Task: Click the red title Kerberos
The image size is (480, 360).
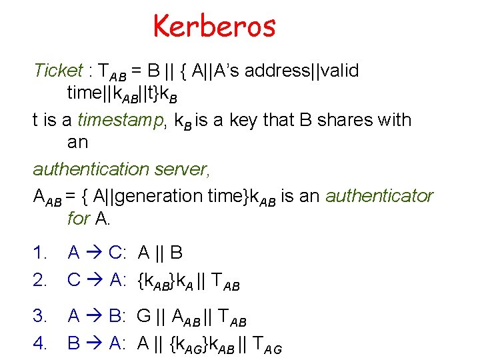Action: pyautogui.click(x=214, y=27)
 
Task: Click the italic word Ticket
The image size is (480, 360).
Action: pyautogui.click(x=58, y=70)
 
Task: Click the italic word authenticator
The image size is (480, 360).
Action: pyautogui.click(x=379, y=196)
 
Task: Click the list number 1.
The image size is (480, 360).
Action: pyautogui.click(x=41, y=253)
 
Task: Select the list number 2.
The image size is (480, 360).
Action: pyautogui.click(x=41, y=281)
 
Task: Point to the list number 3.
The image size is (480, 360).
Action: pyautogui.click(x=41, y=315)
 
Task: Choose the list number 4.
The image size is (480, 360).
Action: pyautogui.click(x=41, y=343)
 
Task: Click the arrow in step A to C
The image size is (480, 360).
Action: pyautogui.click(x=94, y=253)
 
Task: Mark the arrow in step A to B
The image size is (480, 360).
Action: pyautogui.click(x=94, y=315)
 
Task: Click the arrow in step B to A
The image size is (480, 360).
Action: pyautogui.click(x=94, y=343)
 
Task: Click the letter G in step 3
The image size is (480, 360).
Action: pyautogui.click(x=144, y=315)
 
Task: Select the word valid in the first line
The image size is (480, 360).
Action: pyautogui.click(x=340, y=70)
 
